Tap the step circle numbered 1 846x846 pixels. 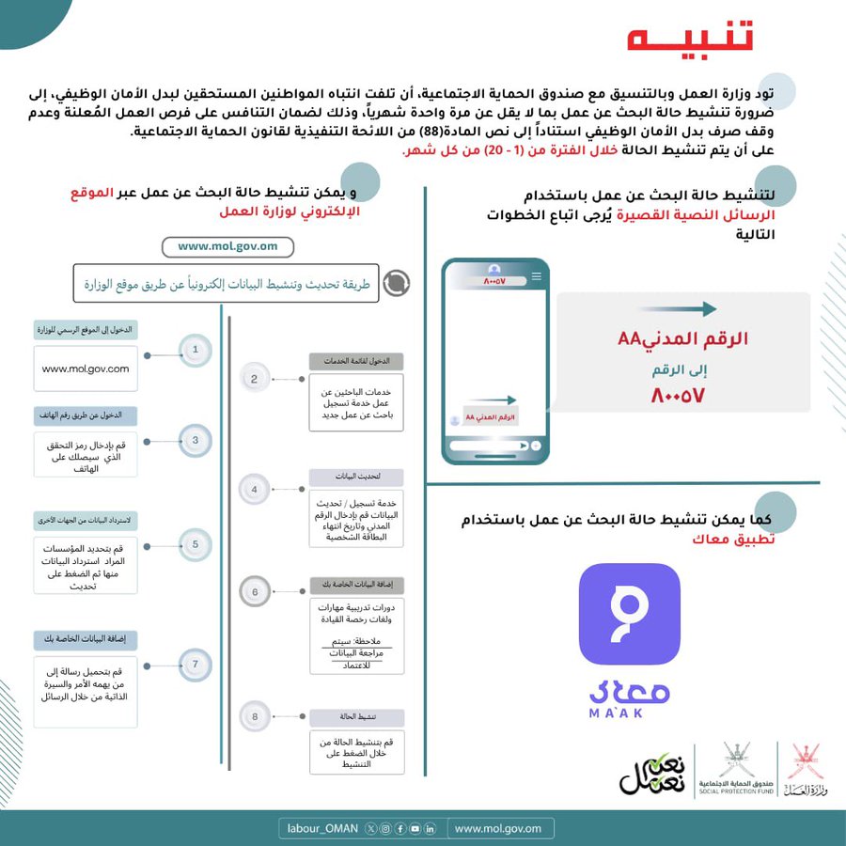pos(196,350)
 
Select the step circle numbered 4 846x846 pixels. pos(254,490)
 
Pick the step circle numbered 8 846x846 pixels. pos(254,717)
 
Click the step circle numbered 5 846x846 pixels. pos(196,543)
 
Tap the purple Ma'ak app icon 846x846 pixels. pos(629,614)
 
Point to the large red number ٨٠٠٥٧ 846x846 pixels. pos(677,396)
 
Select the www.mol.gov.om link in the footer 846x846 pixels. pos(498,828)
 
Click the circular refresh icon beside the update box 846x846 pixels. pos(397,282)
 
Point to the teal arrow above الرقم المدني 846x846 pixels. pos(682,308)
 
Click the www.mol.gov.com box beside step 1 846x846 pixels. pos(86,369)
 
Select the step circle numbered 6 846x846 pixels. pos(254,592)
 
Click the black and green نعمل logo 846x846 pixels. pos(652,772)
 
